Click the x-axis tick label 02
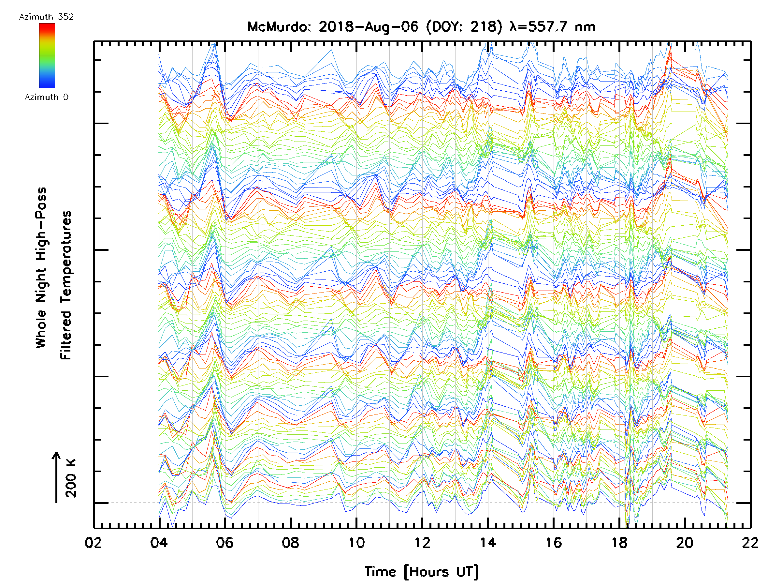93,543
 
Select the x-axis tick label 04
159,543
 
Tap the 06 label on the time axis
225,543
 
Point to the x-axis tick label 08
291,543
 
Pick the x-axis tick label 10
356,543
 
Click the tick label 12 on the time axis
422,543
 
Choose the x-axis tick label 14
488,543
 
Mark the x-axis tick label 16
554,543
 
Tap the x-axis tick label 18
619,543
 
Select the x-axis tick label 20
685,543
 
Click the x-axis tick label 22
750,543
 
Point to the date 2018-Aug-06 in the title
369,27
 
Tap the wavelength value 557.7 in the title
548,27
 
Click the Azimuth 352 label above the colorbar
46,17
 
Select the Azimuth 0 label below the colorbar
46,97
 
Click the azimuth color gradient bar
47,55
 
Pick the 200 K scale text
71,478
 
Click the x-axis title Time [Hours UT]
422,572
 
